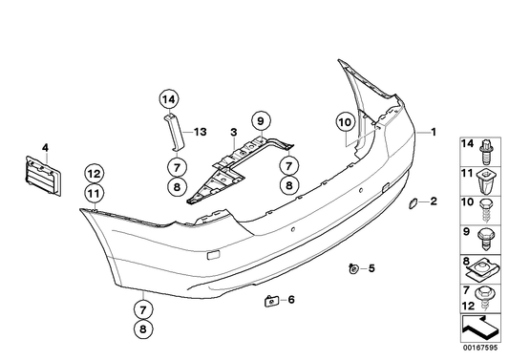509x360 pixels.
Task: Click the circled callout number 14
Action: click(x=169, y=99)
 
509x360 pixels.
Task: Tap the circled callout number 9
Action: click(x=261, y=121)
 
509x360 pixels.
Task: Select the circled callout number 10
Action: click(x=345, y=122)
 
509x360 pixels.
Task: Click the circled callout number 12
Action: click(x=95, y=175)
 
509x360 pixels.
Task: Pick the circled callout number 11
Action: click(x=95, y=194)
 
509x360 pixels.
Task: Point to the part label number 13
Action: click(x=201, y=132)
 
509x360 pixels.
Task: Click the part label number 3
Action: click(x=234, y=133)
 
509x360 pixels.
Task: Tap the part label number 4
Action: click(x=45, y=148)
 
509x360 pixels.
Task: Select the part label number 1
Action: click(x=434, y=132)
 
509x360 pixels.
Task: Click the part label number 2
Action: click(x=434, y=201)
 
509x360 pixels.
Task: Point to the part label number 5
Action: click(x=371, y=268)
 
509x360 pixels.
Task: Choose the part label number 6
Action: click(x=291, y=299)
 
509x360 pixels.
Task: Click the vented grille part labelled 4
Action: click(x=43, y=176)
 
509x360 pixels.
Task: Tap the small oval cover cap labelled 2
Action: click(x=413, y=203)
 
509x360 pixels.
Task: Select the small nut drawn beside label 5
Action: click(x=353, y=268)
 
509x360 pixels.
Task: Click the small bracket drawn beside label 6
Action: click(x=272, y=301)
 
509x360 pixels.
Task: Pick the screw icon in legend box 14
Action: click(x=486, y=152)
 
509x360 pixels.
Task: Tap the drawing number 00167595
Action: click(x=480, y=348)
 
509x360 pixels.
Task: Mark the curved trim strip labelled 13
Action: click(x=176, y=132)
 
